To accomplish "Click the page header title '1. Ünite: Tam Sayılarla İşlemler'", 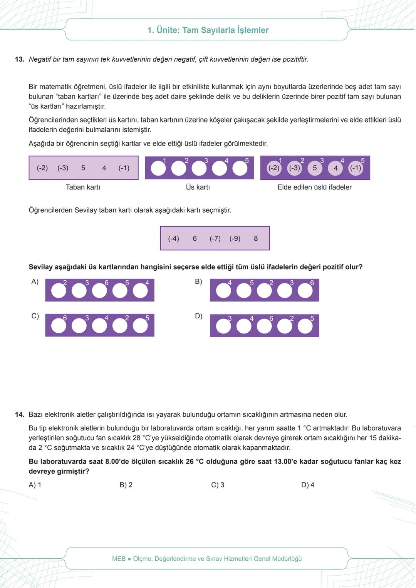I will coord(208,30).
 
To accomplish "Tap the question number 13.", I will coord(20,59).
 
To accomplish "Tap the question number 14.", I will coord(20,414).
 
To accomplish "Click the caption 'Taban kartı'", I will coord(83,187).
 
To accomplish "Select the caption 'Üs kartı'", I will coord(198,187).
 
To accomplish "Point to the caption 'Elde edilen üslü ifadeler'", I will coord(314,187).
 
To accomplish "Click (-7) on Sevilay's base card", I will coord(215,238).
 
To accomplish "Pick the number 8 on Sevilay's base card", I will coord(256,238).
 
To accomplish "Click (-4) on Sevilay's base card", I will coord(173,238).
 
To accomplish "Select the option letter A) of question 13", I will coord(35,281).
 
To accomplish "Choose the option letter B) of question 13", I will coord(198,281).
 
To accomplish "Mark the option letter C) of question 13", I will coord(35,316).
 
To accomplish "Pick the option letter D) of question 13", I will coord(198,316).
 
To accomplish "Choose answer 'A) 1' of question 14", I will coord(35,485).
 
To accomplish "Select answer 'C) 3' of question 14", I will coord(218,485).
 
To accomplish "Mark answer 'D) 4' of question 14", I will coord(308,485).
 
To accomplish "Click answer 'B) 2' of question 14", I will coord(126,485).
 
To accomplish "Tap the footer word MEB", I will coord(119,558).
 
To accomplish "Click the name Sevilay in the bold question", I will coord(41,267).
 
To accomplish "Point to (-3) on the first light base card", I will coord(63,168).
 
